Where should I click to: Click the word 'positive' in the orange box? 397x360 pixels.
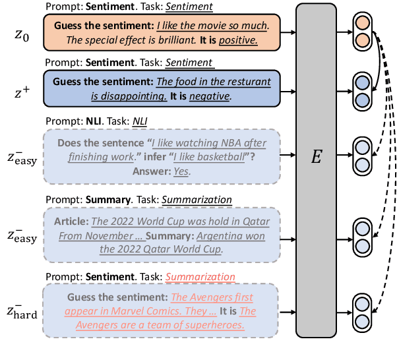click(x=238, y=41)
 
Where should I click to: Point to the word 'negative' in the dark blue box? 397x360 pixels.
click(x=209, y=96)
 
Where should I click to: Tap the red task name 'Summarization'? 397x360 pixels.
click(x=200, y=278)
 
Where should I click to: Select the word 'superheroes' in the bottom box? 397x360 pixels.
click(x=214, y=324)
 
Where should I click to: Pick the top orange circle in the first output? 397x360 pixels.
click(x=362, y=22)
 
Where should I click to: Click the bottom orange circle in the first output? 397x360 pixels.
click(x=362, y=42)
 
